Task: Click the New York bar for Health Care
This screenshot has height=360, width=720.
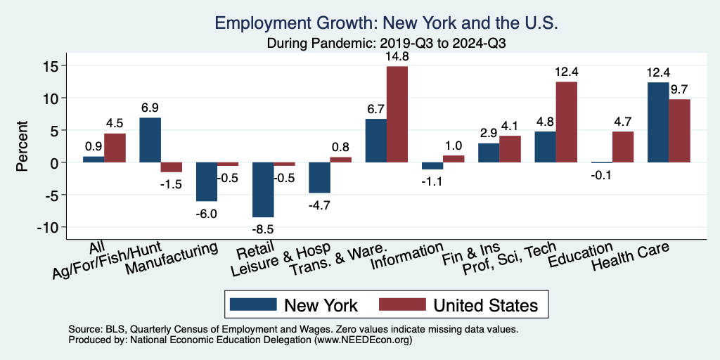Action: coord(658,122)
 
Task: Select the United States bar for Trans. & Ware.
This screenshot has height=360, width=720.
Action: coord(397,114)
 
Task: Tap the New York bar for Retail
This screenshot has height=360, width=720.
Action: coord(263,190)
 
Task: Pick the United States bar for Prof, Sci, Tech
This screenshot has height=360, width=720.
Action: coord(566,122)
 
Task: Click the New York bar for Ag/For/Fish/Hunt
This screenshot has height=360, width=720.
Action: coord(150,140)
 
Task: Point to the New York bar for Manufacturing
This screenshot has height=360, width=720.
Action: coord(207,181)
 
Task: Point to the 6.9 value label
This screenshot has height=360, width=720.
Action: coord(150,108)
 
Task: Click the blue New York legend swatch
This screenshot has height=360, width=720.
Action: coord(252,304)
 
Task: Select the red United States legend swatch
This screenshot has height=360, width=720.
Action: coord(401,304)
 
